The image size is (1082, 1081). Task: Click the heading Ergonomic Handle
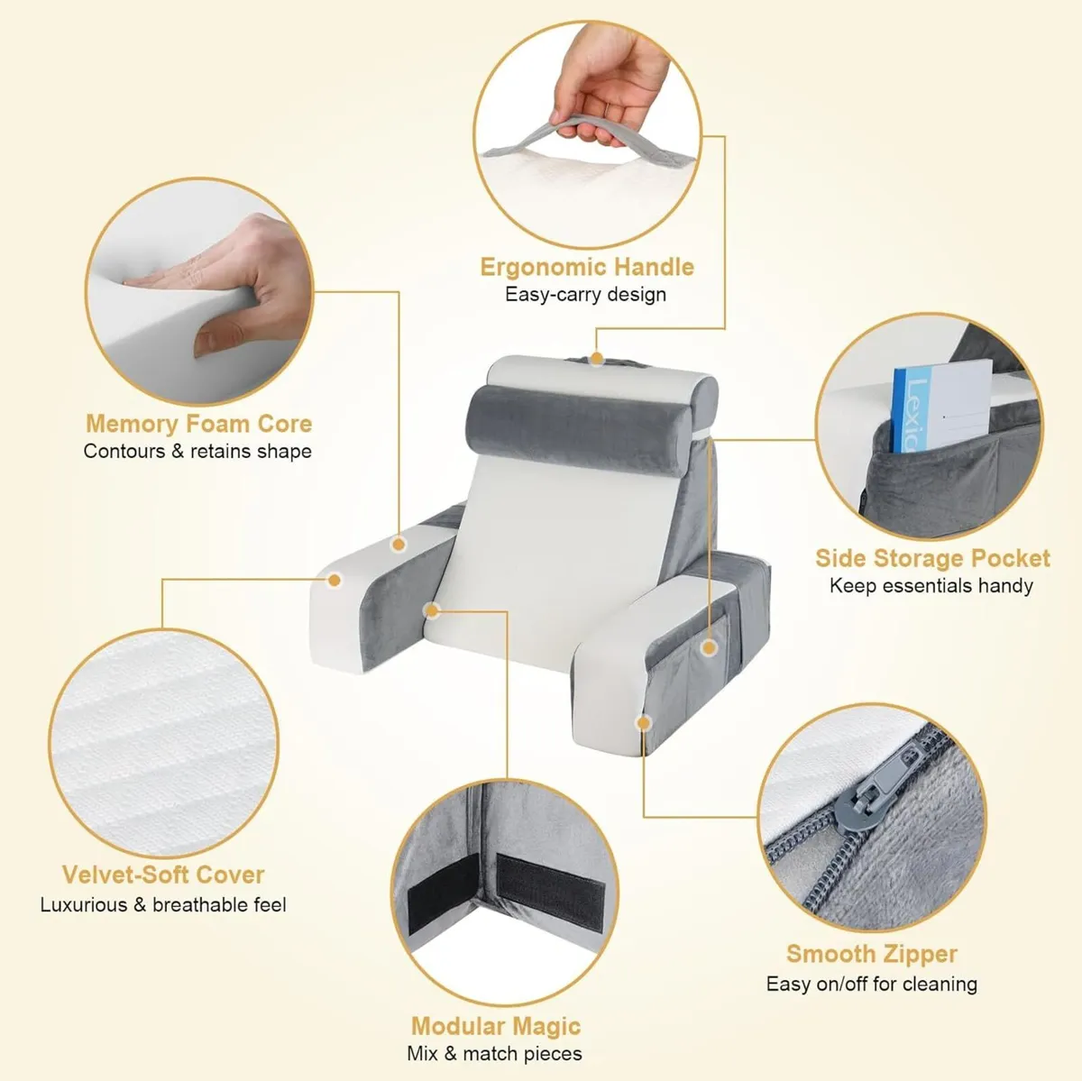pos(587,267)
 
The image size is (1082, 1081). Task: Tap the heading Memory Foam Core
pos(198,424)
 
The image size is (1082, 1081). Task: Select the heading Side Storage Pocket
pos(932,558)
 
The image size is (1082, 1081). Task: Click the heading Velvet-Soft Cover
pos(163,875)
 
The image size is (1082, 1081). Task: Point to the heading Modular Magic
pos(496,1026)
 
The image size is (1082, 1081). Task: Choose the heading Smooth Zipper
pos(871,954)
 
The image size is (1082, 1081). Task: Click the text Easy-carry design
pos(586,294)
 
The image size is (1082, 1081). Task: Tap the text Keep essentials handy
pos(931,586)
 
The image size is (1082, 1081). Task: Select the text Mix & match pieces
pos(495,1053)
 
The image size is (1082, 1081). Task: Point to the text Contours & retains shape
pos(197,451)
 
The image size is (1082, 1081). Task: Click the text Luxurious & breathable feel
pos(163,904)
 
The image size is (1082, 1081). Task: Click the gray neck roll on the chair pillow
pos(578,429)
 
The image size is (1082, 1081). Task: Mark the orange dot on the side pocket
pos(710,647)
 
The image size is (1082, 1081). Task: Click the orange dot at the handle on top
pos(597,358)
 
